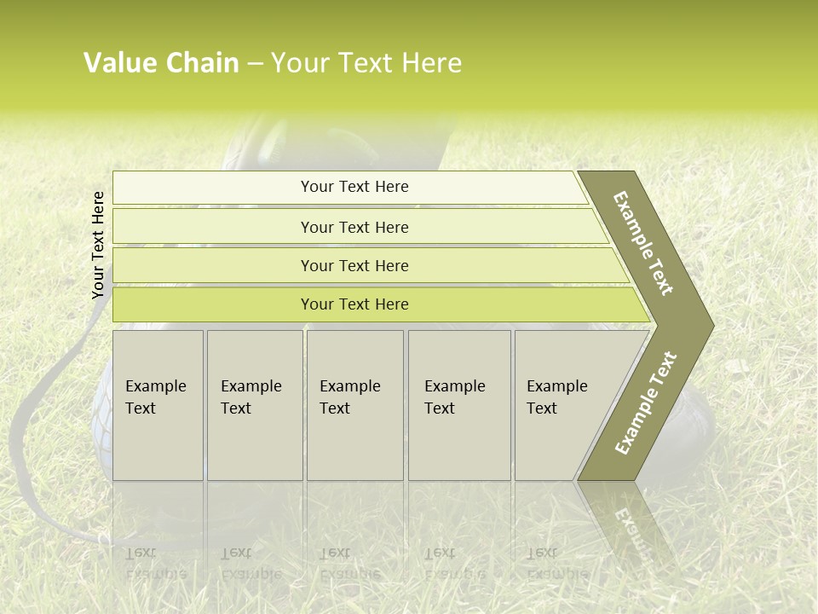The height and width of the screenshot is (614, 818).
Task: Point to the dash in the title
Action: coord(255,64)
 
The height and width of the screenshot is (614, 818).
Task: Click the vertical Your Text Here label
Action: coord(98,245)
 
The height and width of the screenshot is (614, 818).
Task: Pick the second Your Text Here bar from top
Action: coord(354,227)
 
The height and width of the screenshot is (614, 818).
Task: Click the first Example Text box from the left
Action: coord(158,404)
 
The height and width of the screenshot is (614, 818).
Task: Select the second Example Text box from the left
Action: coord(254,404)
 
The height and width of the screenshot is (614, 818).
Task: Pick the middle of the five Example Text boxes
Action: coord(354,404)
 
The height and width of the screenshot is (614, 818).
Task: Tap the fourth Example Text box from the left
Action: coord(459,404)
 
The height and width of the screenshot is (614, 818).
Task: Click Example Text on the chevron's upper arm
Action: coord(643,243)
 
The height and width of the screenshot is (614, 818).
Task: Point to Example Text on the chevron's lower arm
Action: coord(645,403)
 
